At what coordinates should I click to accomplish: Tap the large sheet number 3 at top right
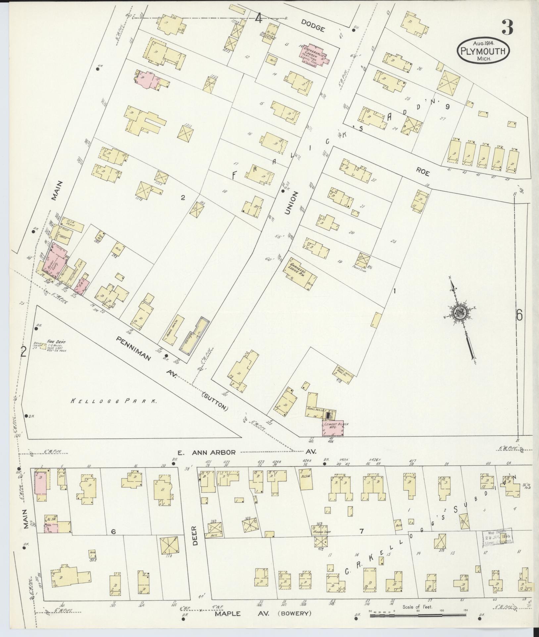(507, 27)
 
